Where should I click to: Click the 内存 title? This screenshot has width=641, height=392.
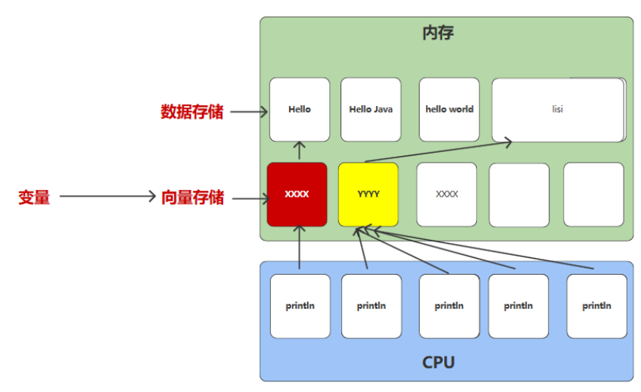[438, 34]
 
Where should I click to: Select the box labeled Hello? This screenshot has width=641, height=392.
[300, 110]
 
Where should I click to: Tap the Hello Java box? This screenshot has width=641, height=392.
[371, 110]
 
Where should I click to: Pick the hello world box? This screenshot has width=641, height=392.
[450, 110]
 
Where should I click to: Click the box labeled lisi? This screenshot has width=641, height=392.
[558, 110]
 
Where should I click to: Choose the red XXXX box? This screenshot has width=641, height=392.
[297, 194]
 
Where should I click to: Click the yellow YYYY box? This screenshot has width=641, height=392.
[369, 194]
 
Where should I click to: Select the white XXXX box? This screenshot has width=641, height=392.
[447, 194]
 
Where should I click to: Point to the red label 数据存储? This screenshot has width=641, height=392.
[192, 112]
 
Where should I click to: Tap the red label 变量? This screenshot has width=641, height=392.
[34, 198]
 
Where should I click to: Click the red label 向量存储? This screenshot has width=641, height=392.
[192, 198]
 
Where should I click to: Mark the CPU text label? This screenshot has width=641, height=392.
[438, 362]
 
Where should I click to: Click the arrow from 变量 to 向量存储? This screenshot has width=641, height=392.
[107, 198]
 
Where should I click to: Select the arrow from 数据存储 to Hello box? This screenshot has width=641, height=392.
[249, 112]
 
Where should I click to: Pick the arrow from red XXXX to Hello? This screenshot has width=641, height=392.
[300, 151]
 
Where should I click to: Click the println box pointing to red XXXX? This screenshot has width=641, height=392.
[300, 306]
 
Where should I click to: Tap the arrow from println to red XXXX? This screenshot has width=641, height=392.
[300, 250]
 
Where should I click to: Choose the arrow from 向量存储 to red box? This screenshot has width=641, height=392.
[250, 199]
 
